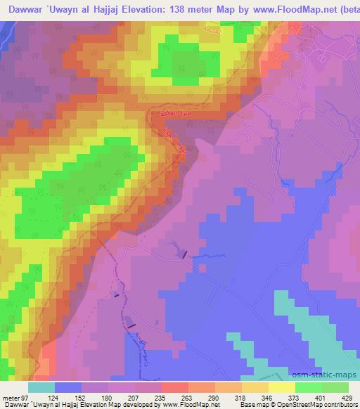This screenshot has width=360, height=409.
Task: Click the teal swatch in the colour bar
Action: point(41,387)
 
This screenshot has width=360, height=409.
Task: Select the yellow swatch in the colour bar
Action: point(282,387)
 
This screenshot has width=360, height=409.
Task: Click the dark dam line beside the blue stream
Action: point(186,256)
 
